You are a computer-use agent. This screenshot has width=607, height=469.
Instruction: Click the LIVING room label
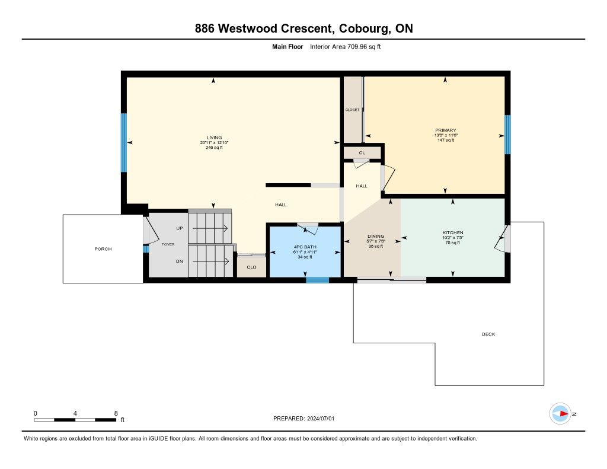214,138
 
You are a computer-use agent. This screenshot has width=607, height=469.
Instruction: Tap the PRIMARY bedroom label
446,130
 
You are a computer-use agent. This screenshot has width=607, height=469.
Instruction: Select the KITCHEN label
452,233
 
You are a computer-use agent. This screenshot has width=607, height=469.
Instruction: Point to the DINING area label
375,236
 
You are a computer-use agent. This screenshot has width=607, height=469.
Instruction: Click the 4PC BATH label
305,247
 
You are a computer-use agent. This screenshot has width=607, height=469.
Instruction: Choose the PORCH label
103,249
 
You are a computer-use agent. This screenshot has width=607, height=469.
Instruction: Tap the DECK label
488,334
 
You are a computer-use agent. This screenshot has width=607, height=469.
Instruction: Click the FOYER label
168,244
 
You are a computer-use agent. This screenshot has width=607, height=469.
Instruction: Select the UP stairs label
179,228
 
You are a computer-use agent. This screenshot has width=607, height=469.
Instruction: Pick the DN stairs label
179,261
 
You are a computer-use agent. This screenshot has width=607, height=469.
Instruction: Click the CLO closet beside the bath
251,267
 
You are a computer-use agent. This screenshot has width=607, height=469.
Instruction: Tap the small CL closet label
362,153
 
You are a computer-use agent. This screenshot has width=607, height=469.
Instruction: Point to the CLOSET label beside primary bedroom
352,110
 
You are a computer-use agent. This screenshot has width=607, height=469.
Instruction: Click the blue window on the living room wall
124,142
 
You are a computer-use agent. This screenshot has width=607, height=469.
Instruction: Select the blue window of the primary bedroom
507,135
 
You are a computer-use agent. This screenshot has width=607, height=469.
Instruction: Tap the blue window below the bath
318,280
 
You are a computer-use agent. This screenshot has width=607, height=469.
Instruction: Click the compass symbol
560,414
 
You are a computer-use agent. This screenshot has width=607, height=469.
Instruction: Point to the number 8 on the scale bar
116,413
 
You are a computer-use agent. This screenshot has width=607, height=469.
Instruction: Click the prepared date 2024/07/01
321,419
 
